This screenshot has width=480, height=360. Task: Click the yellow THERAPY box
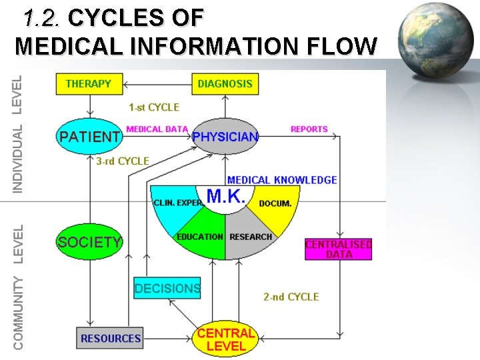(89, 84)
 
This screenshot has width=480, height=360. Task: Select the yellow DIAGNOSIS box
(225, 84)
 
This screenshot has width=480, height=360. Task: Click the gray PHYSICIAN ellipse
(225, 137)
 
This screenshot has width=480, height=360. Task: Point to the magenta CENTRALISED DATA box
(338, 249)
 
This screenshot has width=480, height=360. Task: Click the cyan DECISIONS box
(167, 289)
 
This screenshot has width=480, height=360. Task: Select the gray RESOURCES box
(110, 338)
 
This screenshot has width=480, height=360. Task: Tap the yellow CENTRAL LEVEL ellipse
(226, 339)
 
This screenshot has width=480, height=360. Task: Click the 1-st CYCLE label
(154, 107)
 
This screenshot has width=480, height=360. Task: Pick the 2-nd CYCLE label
(291, 297)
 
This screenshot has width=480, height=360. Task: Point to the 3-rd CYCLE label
(123, 161)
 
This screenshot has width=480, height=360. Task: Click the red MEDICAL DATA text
(157, 129)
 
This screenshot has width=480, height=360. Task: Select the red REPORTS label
(309, 129)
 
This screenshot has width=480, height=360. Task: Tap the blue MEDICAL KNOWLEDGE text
(282, 180)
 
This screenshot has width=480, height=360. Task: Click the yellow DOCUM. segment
(275, 203)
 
